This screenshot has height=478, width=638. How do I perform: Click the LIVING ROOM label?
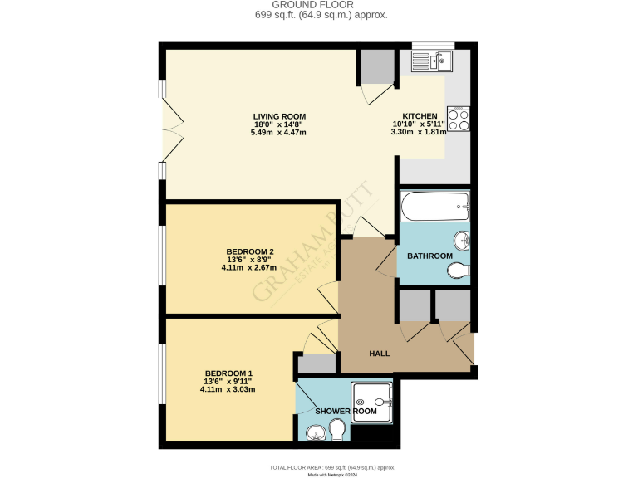pos(280,116)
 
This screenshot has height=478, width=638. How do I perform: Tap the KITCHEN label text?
pos(420,116)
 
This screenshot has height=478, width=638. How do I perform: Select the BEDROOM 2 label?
pos(250,251)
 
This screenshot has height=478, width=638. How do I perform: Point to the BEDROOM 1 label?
pos(228,373)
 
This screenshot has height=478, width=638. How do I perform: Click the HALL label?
pos(380,354)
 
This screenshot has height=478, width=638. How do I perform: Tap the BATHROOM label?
pos(429,256)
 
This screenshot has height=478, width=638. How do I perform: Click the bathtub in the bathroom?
pos(435,205)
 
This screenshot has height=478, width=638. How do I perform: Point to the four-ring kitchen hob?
pos(459,119)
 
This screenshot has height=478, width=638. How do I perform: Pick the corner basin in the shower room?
pos(314,432)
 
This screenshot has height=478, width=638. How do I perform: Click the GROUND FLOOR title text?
pos(319,5)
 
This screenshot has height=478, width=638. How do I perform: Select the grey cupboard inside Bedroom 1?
pos(315,363)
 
